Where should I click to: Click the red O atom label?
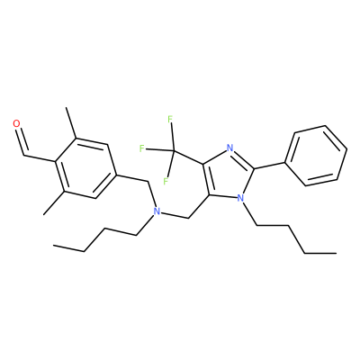(17, 123)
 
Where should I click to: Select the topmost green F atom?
(170, 120)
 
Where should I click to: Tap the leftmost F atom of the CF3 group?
(142, 148)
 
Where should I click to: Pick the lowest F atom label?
(166, 181)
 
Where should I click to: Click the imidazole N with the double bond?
(230, 148)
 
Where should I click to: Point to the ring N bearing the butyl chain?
(240, 197)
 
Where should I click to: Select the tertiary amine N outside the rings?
(156, 211)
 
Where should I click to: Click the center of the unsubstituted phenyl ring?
(316, 156)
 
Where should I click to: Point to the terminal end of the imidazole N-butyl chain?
(336, 254)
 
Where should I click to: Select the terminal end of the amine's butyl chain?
(54, 246)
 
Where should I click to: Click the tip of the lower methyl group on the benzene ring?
(44, 214)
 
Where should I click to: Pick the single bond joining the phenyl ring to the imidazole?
(269, 166)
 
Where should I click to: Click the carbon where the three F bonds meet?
(174, 151)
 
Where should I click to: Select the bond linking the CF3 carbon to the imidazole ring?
(188, 157)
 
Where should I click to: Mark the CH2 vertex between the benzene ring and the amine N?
(148, 182)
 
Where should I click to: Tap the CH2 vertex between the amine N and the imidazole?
(188, 218)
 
